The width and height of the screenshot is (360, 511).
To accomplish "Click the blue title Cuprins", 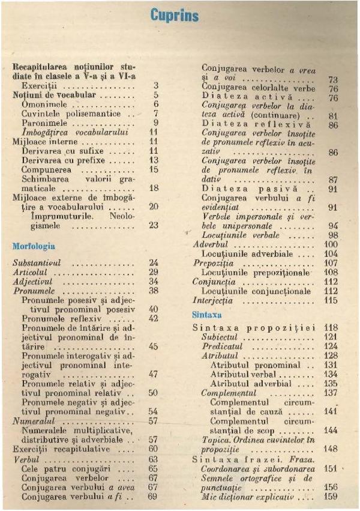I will click(175, 16).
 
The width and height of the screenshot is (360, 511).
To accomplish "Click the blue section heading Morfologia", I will click(34, 246).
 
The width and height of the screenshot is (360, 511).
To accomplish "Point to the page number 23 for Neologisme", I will click(153, 226).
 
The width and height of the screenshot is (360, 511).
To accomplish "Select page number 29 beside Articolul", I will click(153, 272).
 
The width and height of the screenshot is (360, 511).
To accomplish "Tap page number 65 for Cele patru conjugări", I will click(153, 468).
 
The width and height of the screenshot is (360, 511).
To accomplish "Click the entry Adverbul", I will click(211, 245).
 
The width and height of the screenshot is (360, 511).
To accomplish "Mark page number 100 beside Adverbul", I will click(331, 245).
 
